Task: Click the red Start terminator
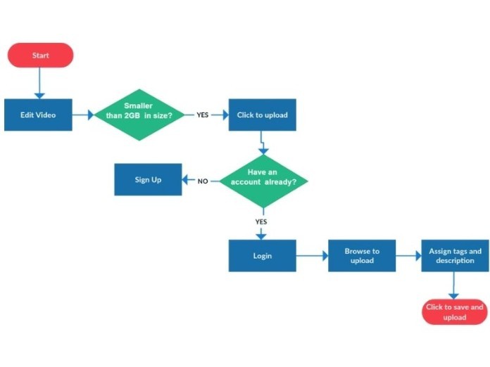click(x=40, y=55)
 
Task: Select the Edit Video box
click(x=38, y=115)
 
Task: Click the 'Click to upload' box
click(x=262, y=115)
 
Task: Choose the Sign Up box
click(x=148, y=180)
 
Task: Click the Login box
click(x=262, y=256)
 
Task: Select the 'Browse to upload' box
click(x=362, y=256)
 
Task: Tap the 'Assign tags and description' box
click(x=455, y=256)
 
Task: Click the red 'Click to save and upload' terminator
click(x=455, y=312)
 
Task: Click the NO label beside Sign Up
click(x=203, y=181)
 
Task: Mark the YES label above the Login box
click(x=261, y=221)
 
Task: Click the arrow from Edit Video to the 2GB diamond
click(x=83, y=115)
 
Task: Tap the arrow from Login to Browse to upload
click(x=312, y=257)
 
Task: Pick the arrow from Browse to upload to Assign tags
click(x=408, y=257)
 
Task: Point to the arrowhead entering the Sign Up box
click(x=187, y=181)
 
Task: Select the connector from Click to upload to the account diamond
click(x=263, y=144)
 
